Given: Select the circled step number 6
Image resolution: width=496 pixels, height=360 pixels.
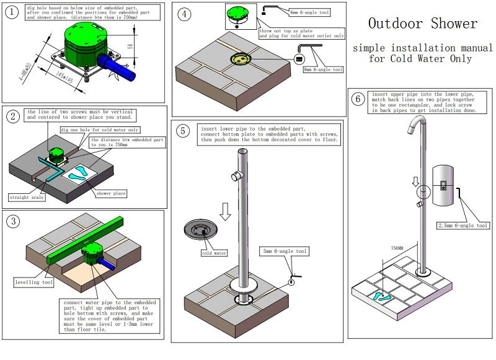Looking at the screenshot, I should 357,99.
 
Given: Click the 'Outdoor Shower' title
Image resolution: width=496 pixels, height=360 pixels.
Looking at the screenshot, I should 423,24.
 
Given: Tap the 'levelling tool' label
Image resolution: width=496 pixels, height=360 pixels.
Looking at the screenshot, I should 33,282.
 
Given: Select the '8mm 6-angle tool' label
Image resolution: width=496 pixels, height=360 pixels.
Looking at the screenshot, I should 322,70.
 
